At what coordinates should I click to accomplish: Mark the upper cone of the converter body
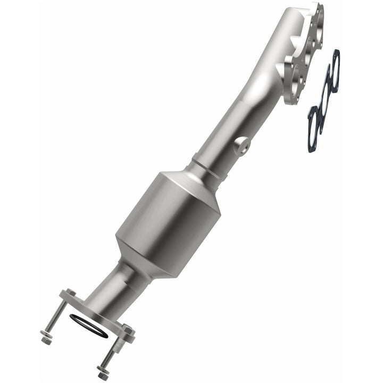[x=200, y=179]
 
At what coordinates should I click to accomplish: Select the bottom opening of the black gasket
[x=313, y=119]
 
